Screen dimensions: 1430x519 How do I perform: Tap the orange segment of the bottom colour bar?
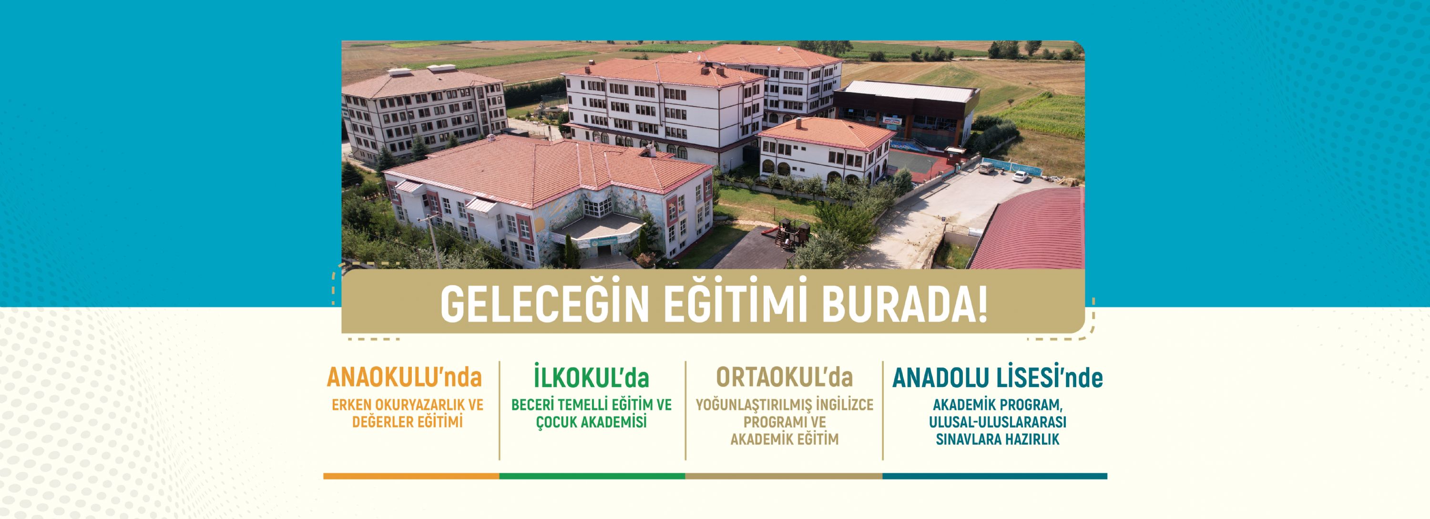click(411, 476)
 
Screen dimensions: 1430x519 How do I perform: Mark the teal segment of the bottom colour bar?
click(995, 476)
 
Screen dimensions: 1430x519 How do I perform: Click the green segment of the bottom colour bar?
click(592, 476)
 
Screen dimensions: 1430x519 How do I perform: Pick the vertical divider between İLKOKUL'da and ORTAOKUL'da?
click(685, 411)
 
